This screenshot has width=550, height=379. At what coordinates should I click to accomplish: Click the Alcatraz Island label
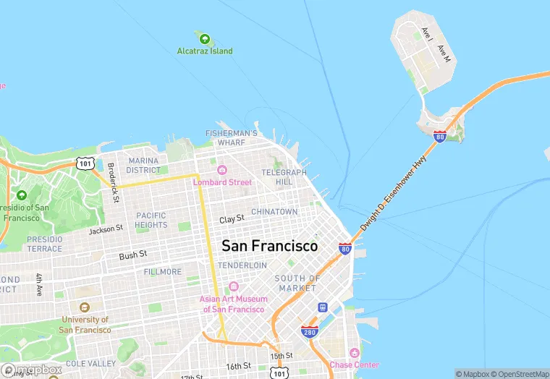click(x=205, y=51)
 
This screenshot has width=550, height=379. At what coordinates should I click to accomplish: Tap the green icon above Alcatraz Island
click(x=205, y=38)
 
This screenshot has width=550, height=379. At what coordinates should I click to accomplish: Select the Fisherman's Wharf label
click(x=231, y=138)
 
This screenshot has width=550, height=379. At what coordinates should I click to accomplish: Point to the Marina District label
click(x=144, y=165)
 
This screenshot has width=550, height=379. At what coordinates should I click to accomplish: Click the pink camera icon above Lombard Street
click(x=222, y=171)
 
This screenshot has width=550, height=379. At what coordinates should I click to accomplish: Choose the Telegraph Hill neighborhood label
click(x=284, y=177)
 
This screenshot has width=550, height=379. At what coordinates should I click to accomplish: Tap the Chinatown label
click(x=274, y=211)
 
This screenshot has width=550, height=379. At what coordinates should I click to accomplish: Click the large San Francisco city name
click(x=269, y=246)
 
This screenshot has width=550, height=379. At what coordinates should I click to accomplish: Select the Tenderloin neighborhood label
click(x=243, y=265)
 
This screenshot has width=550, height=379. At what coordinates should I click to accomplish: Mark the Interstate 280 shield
click(x=310, y=331)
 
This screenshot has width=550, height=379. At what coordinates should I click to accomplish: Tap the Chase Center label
click(x=354, y=365)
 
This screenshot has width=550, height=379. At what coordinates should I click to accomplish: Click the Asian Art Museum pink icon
click(x=233, y=287)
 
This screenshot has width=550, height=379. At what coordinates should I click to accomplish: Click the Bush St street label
click(x=133, y=255)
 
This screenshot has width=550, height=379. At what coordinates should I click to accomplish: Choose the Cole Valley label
click(x=90, y=363)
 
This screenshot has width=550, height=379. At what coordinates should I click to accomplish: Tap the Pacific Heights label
click(x=151, y=220)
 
